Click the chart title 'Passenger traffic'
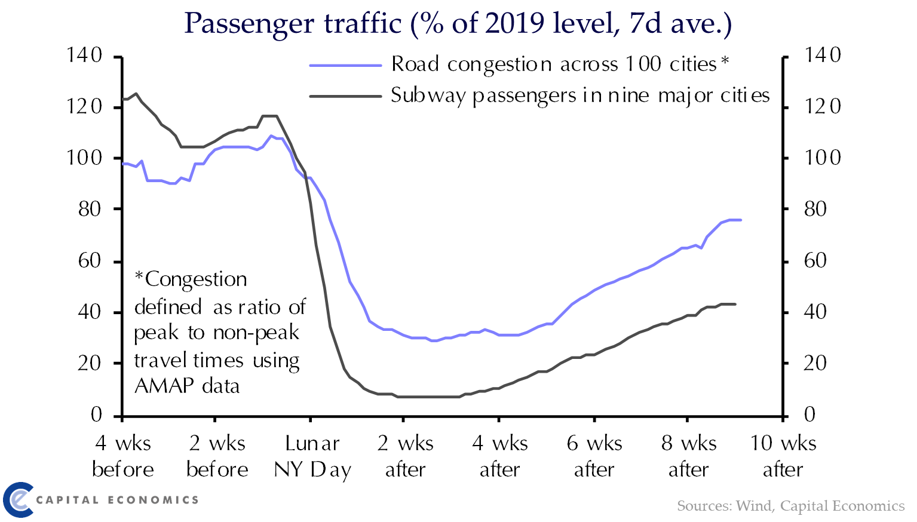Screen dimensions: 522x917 293,24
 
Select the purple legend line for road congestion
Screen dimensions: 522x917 345,65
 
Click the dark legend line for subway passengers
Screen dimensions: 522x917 345,96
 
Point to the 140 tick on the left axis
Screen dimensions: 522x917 85,56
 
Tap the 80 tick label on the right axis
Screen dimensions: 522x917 815,209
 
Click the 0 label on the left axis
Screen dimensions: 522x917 96,414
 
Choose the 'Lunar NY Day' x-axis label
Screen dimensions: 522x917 312,456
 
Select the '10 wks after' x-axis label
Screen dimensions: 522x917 783,456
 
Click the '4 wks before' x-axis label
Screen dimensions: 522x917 122,456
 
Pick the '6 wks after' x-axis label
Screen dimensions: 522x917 594,456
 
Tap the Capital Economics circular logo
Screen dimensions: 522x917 18,499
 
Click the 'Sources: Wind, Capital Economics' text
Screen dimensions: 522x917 790,506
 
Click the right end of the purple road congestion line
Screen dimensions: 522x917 741,220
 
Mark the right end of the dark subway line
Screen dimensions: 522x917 735,304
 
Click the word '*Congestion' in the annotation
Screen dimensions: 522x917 191,280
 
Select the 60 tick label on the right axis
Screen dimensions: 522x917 815,260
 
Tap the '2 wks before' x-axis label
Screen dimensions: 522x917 217,456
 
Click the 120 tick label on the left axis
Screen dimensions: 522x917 85,107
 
